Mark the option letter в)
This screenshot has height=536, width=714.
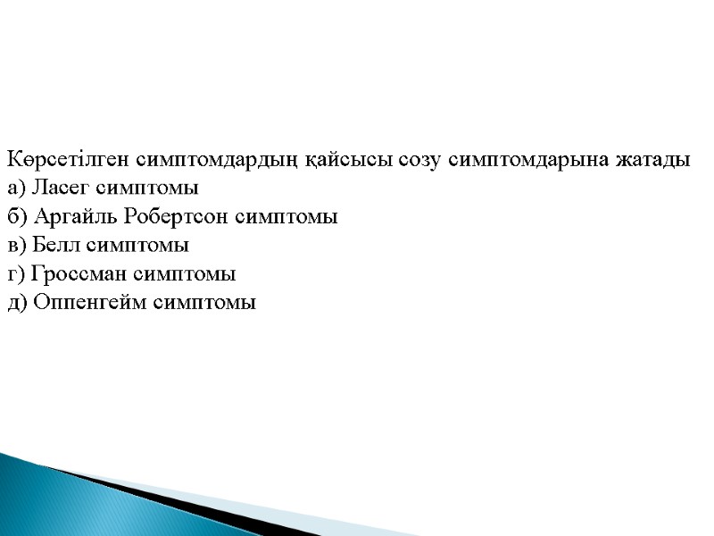coord(16,246)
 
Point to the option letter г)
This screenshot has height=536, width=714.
coord(15,274)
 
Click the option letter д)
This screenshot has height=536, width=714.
coord(17,303)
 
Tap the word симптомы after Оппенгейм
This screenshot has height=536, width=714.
coord(205,303)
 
